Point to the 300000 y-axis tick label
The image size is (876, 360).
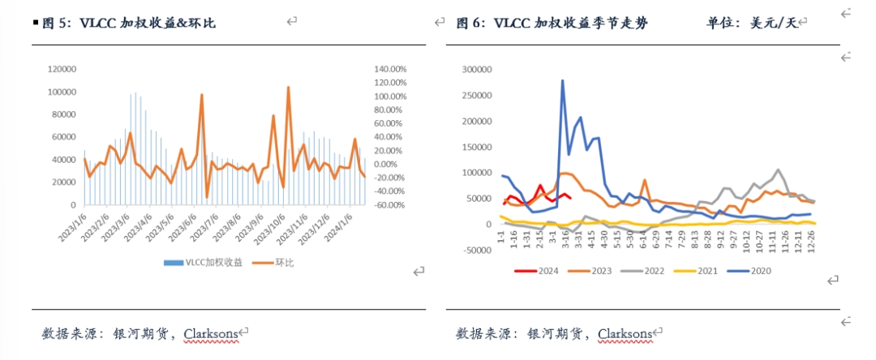(x=476, y=71)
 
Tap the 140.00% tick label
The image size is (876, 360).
(x=389, y=70)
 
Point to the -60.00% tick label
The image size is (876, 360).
(x=389, y=205)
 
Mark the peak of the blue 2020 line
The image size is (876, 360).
(x=562, y=80)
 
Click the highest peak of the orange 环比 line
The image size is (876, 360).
(x=288, y=87)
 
